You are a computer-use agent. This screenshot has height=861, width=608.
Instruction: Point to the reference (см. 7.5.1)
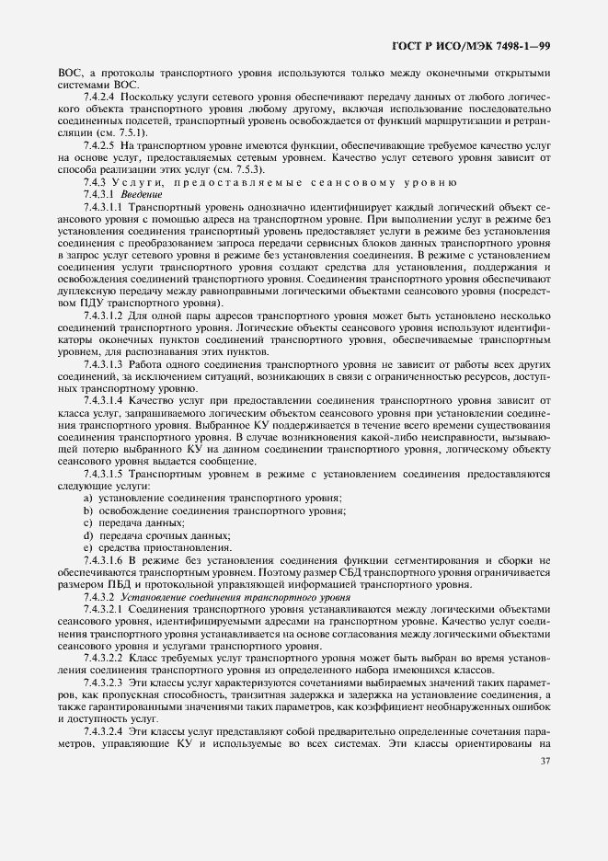(133, 132)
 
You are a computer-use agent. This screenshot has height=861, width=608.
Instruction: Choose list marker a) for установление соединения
(86, 498)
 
